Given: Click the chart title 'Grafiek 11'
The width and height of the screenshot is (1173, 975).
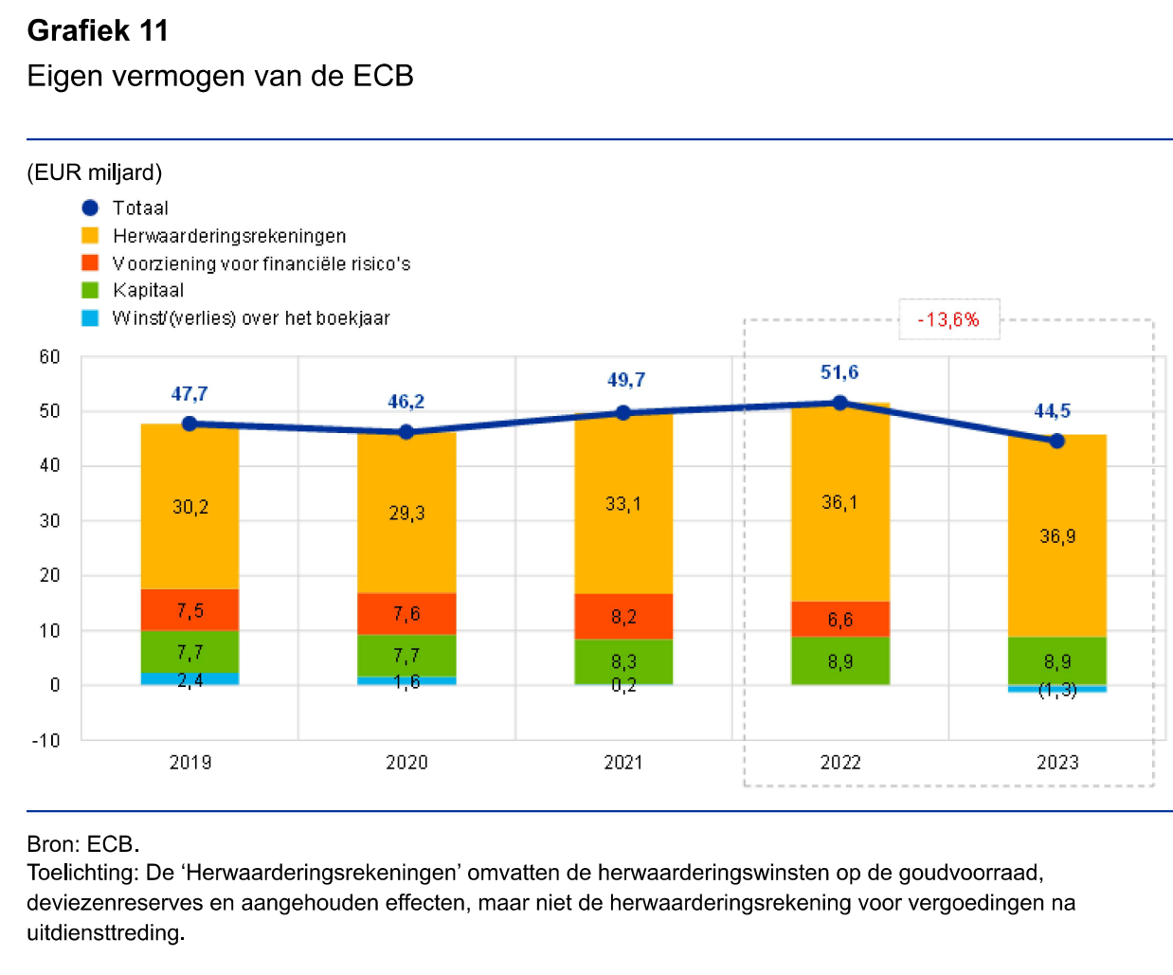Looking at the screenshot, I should (98, 31).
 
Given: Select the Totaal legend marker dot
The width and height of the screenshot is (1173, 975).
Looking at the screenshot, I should (90, 208).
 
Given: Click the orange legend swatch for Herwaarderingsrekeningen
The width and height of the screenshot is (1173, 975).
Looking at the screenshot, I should (90, 235).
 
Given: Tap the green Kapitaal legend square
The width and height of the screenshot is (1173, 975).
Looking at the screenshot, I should (90, 290).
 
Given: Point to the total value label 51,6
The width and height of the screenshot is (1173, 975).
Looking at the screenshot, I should (839, 372).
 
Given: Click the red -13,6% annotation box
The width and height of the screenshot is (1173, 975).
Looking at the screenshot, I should (948, 319).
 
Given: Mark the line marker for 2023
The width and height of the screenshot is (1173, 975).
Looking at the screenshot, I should (1057, 441).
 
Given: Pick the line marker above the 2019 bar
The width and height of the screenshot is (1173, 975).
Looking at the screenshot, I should (189, 424).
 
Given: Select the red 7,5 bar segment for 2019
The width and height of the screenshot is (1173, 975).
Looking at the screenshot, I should (189, 610).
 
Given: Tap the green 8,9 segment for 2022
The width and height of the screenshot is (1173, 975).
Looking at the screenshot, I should (840, 660).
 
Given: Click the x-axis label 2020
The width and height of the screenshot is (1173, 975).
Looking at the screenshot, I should (406, 763).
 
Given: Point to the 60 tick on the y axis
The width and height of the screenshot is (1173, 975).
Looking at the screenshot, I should (49, 357).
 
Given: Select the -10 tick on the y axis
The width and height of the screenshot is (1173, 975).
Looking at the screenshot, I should (46, 740).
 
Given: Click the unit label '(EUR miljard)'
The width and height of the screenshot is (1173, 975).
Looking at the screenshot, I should (95, 172).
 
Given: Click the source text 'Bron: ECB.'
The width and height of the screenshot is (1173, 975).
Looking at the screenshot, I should (83, 843).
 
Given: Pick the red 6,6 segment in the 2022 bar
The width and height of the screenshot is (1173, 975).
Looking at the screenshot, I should (840, 619).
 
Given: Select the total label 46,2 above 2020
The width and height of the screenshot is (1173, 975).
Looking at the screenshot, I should (406, 402).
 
